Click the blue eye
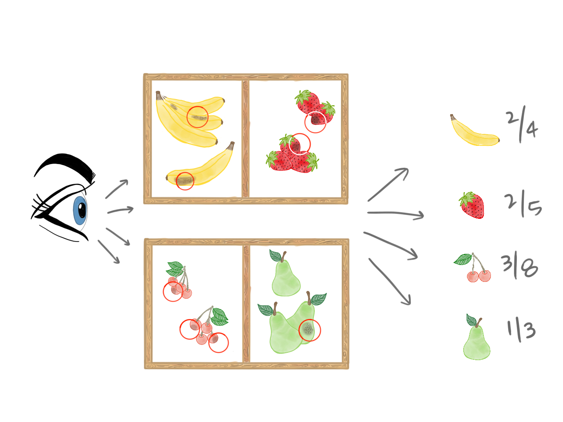80,210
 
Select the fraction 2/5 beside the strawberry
523,204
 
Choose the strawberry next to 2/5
472,205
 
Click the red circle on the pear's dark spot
310,330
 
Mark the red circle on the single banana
185,181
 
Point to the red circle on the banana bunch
197,117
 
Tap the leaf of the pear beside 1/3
471,320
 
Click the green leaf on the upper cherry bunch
175,268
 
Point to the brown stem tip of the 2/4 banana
453,117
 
